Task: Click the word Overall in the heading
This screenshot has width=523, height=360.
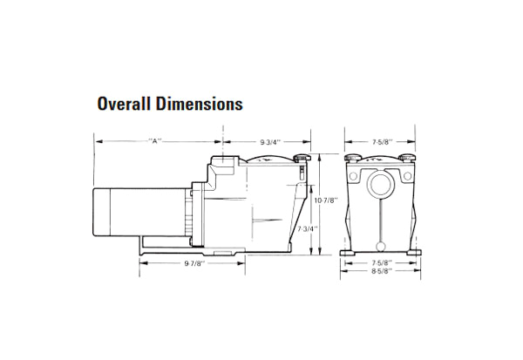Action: pyautogui.click(x=126, y=105)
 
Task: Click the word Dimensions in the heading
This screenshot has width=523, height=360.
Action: pyautogui.click(x=200, y=105)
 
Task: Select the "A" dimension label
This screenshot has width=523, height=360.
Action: pyautogui.click(x=157, y=141)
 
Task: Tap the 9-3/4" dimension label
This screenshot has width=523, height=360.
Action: pyautogui.click(x=271, y=141)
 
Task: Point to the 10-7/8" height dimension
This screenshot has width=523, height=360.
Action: pyautogui.click(x=325, y=200)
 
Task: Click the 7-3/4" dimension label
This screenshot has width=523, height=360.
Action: pyautogui.click(x=306, y=228)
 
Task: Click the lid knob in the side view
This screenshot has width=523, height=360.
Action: pyautogui.click(x=300, y=160)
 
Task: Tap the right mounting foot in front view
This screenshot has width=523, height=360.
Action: pyautogui.click(x=412, y=254)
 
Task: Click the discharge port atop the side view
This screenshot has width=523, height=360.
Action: pyautogui.click(x=225, y=163)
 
